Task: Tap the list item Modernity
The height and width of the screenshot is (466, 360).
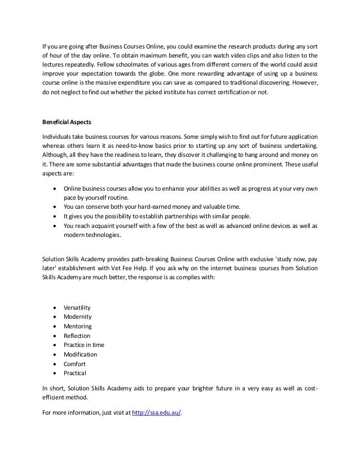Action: point(78,316)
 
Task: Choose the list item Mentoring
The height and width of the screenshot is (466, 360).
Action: point(78,326)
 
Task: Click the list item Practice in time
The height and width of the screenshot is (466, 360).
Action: point(84,345)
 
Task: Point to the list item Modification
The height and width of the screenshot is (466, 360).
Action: point(81,354)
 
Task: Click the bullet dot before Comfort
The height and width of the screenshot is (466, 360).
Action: point(54,364)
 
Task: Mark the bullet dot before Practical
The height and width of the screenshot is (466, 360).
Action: point(54,373)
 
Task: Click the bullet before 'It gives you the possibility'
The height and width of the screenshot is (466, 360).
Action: point(54,215)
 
